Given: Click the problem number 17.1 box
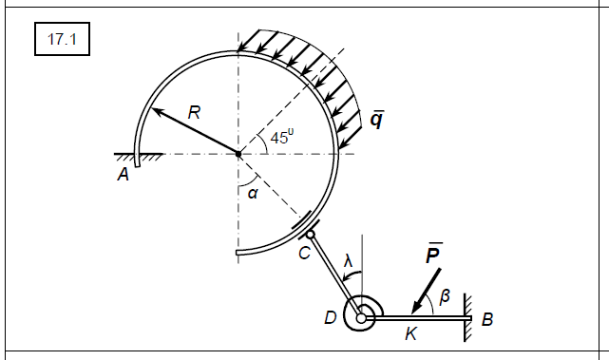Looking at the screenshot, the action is (62, 39).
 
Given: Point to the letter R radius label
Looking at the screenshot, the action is (194, 113).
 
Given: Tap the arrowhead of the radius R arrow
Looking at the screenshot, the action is (157, 111).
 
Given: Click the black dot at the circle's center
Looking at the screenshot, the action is (238, 154).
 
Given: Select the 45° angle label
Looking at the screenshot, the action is (282, 137).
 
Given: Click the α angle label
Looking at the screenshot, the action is (253, 193).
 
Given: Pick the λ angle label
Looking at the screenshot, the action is (348, 261).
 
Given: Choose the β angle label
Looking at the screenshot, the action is (445, 296).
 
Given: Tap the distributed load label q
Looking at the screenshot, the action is (377, 120).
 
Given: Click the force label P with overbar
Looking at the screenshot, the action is (433, 254).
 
